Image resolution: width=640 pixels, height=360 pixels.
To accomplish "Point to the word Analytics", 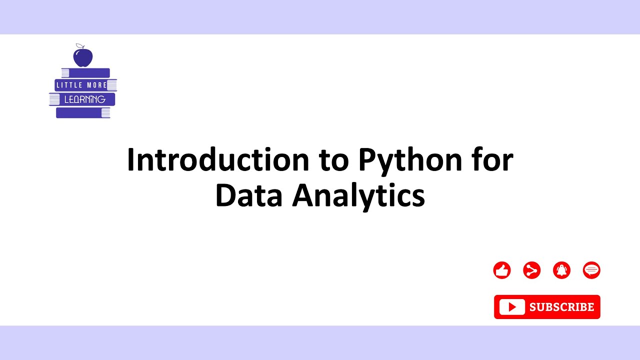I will [358, 196].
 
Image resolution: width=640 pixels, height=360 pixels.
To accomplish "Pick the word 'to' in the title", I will [333, 161].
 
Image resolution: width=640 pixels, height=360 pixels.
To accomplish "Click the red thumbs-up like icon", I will [501, 270].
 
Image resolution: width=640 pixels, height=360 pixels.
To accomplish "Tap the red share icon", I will [531, 270].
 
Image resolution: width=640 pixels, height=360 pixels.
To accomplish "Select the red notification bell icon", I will [561, 270].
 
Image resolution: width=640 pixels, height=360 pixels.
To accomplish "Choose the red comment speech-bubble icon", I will [591, 270].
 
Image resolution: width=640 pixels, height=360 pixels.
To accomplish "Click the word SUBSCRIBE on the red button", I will [561, 307].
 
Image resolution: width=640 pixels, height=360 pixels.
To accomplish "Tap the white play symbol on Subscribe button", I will [512, 307].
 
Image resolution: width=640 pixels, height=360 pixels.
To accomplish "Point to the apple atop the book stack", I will [83, 57].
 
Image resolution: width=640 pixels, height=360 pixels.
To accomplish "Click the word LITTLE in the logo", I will [69, 85].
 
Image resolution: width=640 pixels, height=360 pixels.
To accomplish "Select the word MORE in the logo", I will [97, 85].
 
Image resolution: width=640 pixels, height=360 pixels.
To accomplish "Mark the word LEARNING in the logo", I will [84, 99].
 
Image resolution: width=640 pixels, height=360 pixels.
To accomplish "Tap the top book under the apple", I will [85, 73].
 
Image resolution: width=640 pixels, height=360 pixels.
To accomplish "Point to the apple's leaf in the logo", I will [78, 46].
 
